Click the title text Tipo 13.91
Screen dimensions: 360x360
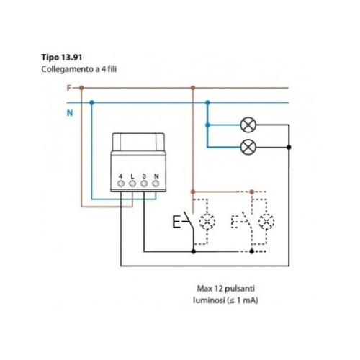click(62, 58)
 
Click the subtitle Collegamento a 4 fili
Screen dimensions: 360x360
click(79, 69)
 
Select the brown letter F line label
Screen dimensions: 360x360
click(69, 89)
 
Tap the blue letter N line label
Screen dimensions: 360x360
click(70, 113)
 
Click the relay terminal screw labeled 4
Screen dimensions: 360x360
click(121, 184)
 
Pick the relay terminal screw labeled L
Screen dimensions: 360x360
click(132, 184)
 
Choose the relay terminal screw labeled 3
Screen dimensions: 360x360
click(144, 184)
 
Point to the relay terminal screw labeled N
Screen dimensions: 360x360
click(156, 184)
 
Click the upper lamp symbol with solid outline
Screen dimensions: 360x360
click(248, 125)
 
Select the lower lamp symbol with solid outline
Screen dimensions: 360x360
click(248, 147)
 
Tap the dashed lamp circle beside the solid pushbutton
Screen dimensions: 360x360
click(207, 221)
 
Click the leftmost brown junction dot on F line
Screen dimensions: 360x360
click(81, 88)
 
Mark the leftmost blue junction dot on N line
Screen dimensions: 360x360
click(91, 103)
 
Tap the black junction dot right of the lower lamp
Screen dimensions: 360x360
click(289, 147)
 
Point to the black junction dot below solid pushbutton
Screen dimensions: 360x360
click(194, 251)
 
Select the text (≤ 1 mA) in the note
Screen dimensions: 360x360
click(242, 300)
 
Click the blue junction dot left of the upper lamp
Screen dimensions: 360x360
click(207, 125)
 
